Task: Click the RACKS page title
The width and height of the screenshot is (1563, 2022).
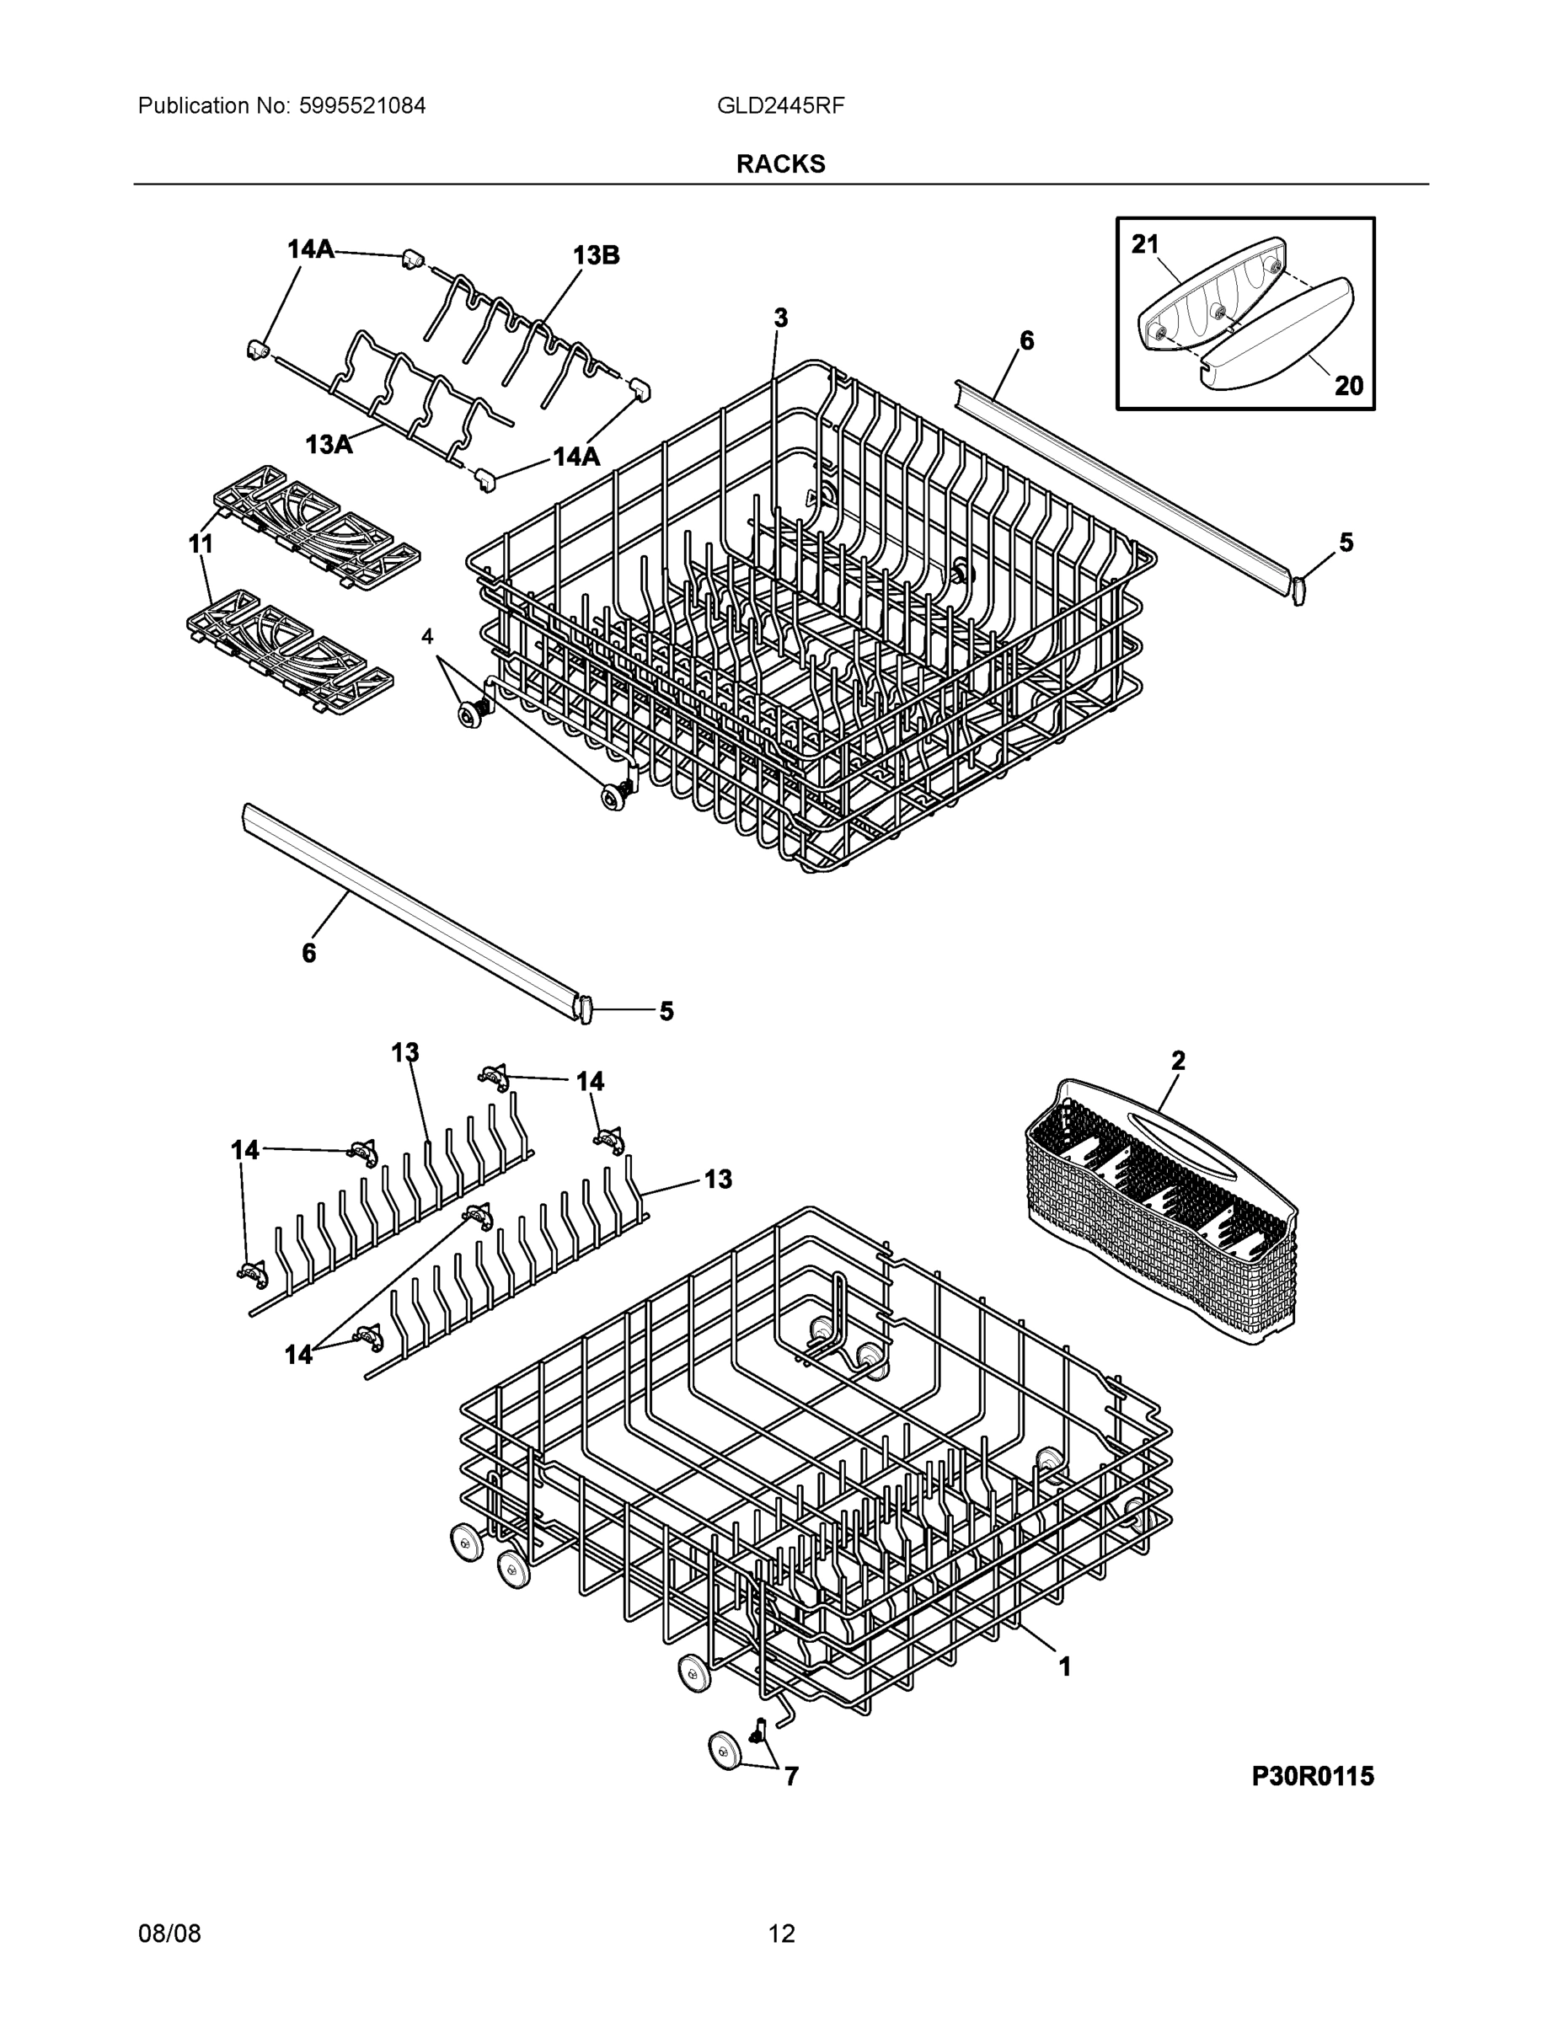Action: (780, 164)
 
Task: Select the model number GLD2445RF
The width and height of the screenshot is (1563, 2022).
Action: (780, 105)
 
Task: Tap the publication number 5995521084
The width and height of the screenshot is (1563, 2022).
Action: (362, 105)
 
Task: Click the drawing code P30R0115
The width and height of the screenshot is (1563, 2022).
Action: (1312, 1776)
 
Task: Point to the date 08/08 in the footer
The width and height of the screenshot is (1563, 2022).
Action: (169, 1934)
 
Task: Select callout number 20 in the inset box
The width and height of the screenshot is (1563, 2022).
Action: (1348, 385)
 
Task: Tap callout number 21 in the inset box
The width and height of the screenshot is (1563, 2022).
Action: (1145, 244)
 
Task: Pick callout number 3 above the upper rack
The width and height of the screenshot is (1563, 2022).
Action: (780, 318)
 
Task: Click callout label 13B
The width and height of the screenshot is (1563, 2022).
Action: (596, 255)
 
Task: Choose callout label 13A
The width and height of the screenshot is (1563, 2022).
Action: (329, 446)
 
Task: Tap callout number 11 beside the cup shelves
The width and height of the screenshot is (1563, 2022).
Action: (201, 544)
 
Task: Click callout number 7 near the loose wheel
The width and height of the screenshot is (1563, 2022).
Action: (790, 1776)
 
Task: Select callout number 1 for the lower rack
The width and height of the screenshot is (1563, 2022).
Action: (1065, 1666)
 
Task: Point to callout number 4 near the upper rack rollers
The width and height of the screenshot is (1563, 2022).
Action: (427, 636)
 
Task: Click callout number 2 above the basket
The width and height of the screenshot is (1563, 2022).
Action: (1178, 1061)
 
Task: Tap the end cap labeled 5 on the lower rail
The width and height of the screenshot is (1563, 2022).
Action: (584, 1008)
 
